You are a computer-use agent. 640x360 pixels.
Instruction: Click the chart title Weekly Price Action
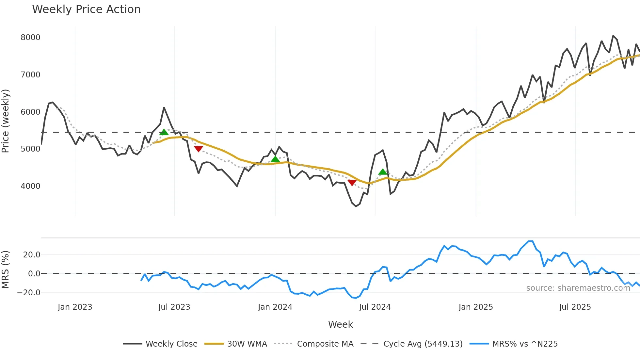(86, 9)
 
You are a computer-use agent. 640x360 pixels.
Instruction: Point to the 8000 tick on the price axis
(30, 38)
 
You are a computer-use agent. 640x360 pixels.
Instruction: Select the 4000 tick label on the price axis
(30, 186)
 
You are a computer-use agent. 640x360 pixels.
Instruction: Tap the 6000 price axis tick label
(30, 112)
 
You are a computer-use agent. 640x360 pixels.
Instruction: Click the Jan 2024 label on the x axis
(275, 307)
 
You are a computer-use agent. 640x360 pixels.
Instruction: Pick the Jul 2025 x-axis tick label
(575, 307)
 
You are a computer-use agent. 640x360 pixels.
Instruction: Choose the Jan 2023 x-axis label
(75, 307)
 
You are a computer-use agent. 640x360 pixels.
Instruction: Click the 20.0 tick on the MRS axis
(32, 255)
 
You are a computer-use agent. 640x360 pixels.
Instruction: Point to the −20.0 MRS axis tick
(29, 293)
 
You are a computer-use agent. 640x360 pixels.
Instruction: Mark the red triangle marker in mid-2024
(352, 182)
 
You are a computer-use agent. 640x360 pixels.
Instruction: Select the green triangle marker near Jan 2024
(275, 159)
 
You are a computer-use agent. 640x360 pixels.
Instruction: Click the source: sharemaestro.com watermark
(578, 288)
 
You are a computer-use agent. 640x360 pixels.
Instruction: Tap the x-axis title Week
(340, 324)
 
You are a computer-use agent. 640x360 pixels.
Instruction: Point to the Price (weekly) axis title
(6, 121)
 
